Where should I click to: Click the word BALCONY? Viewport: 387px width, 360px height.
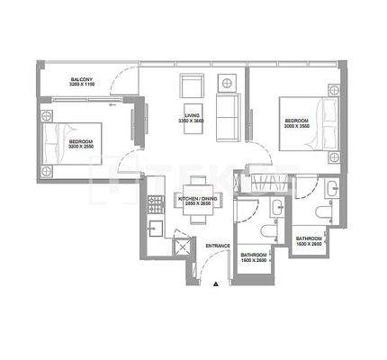[x=84, y=79]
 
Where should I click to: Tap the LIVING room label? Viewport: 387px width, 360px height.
[x=192, y=114]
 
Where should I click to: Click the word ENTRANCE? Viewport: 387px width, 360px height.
[x=218, y=246]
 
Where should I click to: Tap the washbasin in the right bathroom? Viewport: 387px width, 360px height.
[x=331, y=187]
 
